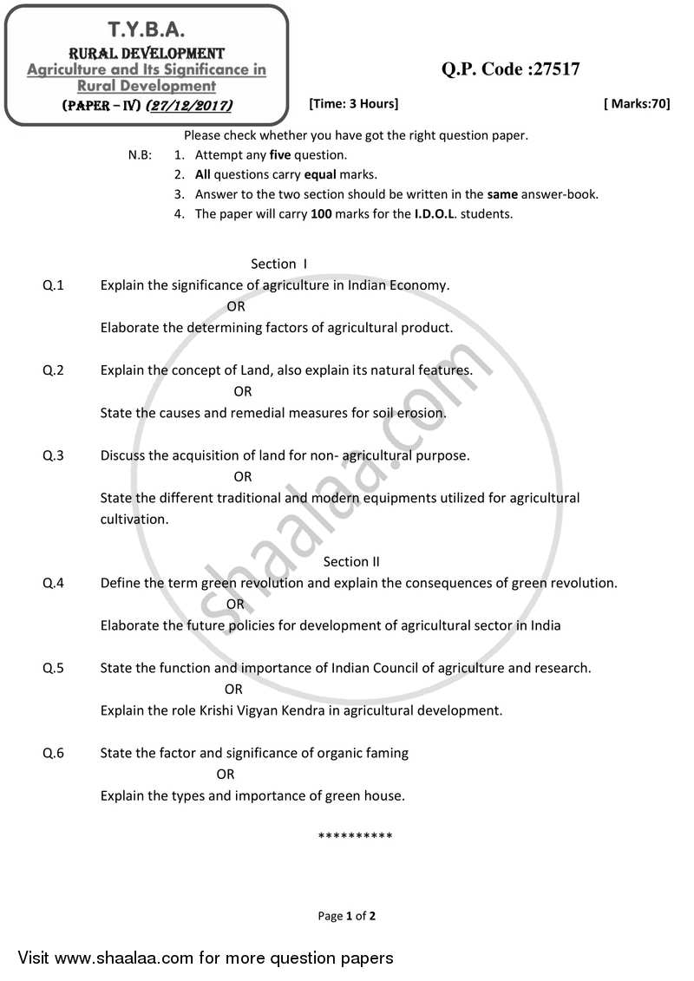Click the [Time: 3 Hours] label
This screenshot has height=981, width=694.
click(x=353, y=104)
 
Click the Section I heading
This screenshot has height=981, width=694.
click(x=279, y=264)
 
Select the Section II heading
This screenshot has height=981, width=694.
click(x=351, y=561)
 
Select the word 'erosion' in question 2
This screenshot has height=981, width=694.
click(x=420, y=413)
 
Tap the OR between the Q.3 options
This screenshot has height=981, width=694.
click(x=243, y=476)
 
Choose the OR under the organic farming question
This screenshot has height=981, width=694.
click(x=226, y=774)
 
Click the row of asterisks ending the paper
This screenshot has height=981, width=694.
click(x=356, y=836)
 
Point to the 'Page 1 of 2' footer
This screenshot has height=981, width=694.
click(x=347, y=915)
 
